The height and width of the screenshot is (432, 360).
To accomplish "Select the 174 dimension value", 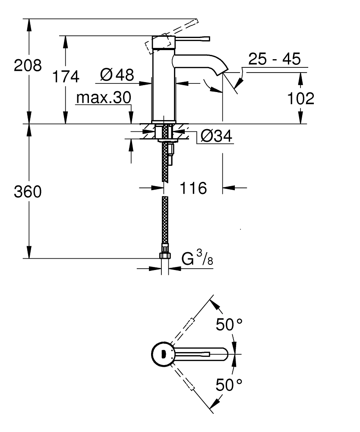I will point(66,76).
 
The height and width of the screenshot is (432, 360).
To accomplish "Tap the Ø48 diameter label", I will point(116,75).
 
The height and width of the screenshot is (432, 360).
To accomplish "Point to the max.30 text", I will point(103,98).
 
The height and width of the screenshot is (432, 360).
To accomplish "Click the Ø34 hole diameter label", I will point(216,137).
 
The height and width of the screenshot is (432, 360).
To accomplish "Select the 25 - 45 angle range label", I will point(275,59).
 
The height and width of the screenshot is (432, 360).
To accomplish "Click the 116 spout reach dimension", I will point(193,188).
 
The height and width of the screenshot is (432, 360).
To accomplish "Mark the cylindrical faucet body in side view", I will point(164,86).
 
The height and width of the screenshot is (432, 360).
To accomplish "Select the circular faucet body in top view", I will point(163,354).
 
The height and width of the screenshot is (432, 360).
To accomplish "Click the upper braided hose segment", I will point(164,160).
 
